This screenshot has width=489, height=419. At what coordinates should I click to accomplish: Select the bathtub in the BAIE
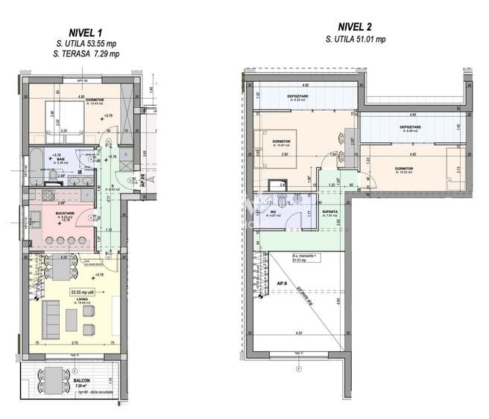[35, 161]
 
